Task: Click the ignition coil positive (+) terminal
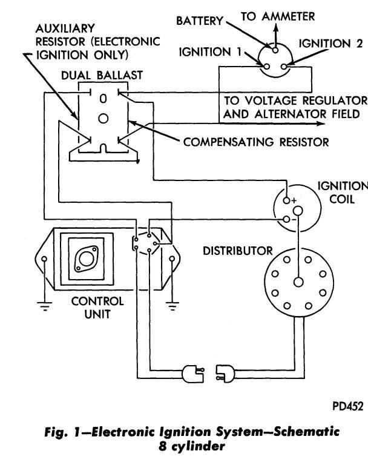pos(286,200)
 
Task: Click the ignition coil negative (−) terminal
pos(286,219)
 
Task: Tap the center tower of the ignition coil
pos(298,211)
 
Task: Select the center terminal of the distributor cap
pos(298,282)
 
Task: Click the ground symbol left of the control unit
pos(44,306)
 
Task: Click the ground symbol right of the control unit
pos(172,306)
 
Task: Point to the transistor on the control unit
pos(87,259)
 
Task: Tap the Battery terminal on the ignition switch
pos(275,50)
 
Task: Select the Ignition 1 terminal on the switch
pos(266,67)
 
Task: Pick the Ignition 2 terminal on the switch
pos(284,67)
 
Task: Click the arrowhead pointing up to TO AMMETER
pos(275,28)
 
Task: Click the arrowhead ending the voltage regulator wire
pos(321,124)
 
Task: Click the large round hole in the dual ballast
pos(103,119)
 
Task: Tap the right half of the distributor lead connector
pos(226,374)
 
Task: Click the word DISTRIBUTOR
pos(237,251)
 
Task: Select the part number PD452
pos(347,406)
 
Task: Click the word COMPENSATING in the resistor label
pos(228,142)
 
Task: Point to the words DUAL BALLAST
pos(102,75)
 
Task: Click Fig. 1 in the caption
pos(62,432)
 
